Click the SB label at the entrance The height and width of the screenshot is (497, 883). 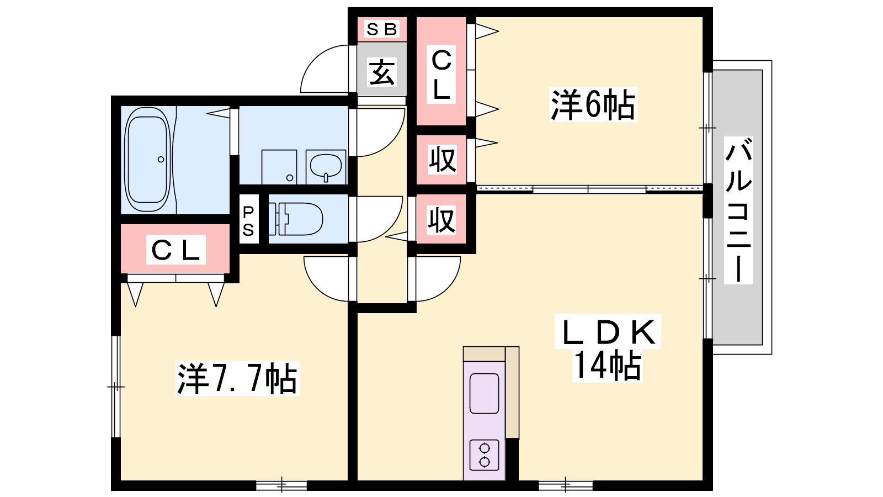(x=382, y=29)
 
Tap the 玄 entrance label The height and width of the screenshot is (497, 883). (x=382, y=72)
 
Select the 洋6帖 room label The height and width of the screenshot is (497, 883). (x=593, y=104)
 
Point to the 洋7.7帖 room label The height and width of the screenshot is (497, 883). (x=237, y=379)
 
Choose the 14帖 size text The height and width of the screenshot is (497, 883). (x=608, y=365)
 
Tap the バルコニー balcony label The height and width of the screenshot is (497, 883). (x=738, y=210)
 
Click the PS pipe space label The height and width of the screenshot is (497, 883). (x=248, y=221)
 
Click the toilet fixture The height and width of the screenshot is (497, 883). (x=295, y=219)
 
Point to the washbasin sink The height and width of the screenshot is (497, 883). (x=326, y=165)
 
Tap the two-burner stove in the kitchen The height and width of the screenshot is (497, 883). (x=485, y=454)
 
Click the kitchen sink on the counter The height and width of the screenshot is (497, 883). (x=484, y=393)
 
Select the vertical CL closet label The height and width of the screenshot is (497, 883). (x=441, y=75)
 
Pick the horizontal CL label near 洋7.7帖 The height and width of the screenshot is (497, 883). (x=175, y=250)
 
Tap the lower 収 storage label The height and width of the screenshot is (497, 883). (x=441, y=220)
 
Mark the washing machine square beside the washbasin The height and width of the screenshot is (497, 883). (x=279, y=166)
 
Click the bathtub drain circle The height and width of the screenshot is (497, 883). (x=161, y=160)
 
